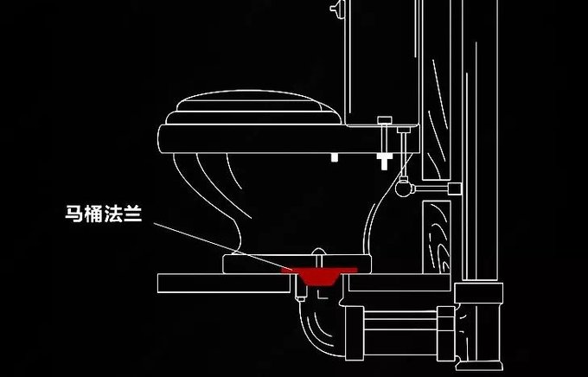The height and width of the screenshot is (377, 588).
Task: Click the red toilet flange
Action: pos(319,275)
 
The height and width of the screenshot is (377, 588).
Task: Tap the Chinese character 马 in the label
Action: pos(74,214)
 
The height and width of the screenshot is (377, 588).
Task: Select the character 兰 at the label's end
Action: pos(133,214)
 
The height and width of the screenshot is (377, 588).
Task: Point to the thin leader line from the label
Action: pos(223,246)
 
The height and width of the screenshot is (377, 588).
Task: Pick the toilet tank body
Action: pos(381,62)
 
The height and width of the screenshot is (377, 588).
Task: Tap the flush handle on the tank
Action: pos(337,8)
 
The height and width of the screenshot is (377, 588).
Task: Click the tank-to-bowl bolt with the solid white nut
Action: pos(385,143)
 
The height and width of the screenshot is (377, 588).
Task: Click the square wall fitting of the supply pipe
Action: pos(455,188)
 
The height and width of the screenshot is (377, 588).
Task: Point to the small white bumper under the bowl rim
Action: pos(335,157)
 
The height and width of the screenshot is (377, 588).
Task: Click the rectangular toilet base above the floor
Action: pos(297,264)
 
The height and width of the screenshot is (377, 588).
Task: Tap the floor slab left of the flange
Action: pos(224,284)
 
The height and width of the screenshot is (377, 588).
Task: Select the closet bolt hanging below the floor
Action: pos(300,289)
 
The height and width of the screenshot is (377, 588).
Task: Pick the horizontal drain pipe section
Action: pos(400,325)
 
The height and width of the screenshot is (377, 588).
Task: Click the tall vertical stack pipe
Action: pos(480,140)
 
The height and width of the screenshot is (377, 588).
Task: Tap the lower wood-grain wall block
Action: pos(437,237)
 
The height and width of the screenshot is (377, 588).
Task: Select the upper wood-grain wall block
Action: pos(437,90)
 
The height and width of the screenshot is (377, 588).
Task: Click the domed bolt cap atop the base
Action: pos(318,252)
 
